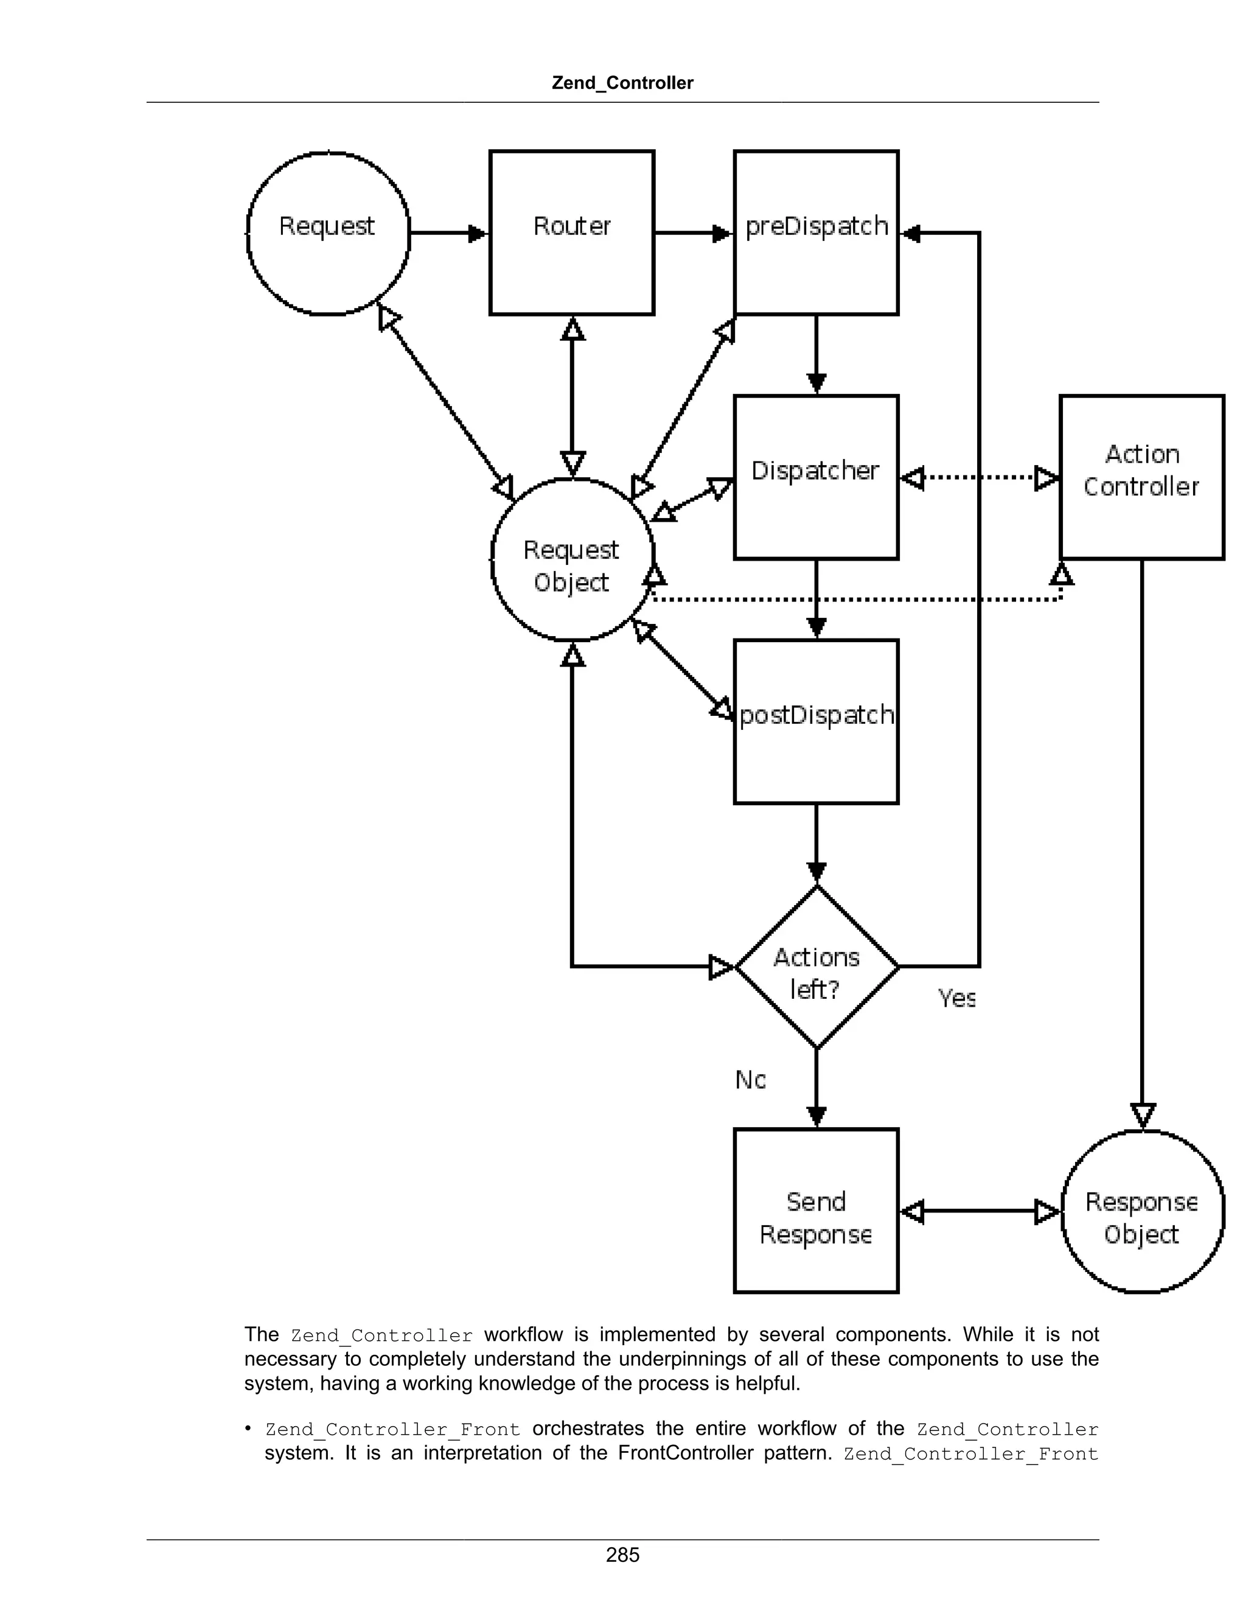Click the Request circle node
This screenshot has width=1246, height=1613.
(328, 233)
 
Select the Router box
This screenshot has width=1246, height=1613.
(572, 233)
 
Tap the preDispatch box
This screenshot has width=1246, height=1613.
(816, 233)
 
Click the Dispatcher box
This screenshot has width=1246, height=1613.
(816, 477)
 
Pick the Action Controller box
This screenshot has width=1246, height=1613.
(1142, 477)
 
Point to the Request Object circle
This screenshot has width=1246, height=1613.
(573, 559)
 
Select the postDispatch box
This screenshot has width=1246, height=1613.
(816, 721)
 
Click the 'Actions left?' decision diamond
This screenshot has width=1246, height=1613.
(816, 966)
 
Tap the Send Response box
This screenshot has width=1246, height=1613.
(816, 1211)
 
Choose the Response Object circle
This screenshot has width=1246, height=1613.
(1142, 1211)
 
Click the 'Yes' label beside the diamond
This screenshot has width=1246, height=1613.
(956, 998)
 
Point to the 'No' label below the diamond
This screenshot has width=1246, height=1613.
(751, 1080)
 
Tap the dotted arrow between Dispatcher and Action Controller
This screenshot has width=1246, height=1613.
(980, 478)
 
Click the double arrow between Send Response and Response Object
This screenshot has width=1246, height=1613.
(980, 1211)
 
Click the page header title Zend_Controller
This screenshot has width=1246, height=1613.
(622, 83)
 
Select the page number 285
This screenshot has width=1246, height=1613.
(622, 1555)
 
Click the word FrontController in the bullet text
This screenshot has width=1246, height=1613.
(685, 1453)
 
